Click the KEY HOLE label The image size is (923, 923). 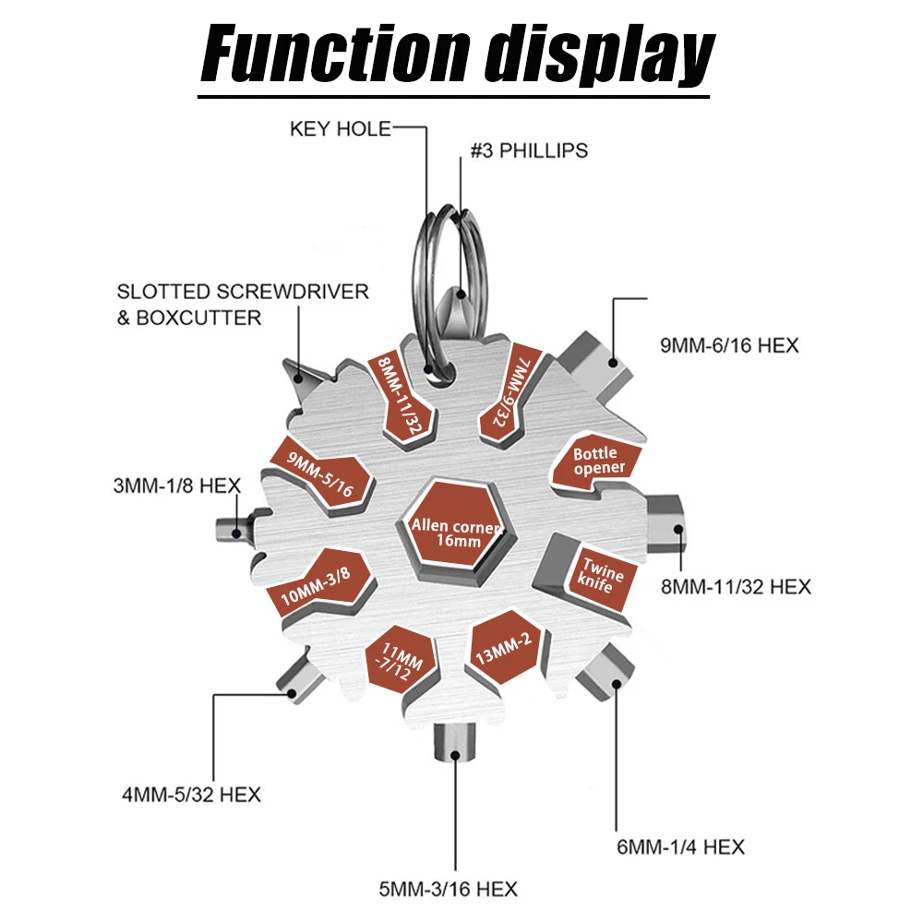coord(341,128)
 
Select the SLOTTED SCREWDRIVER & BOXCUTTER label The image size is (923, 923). coord(243,304)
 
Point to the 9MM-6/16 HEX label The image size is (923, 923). coord(728,346)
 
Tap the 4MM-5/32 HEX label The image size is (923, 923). coord(191,794)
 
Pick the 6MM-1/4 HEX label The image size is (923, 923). coord(681,846)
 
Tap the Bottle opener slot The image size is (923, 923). coord(598,460)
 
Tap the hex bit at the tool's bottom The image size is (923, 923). coord(451,749)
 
